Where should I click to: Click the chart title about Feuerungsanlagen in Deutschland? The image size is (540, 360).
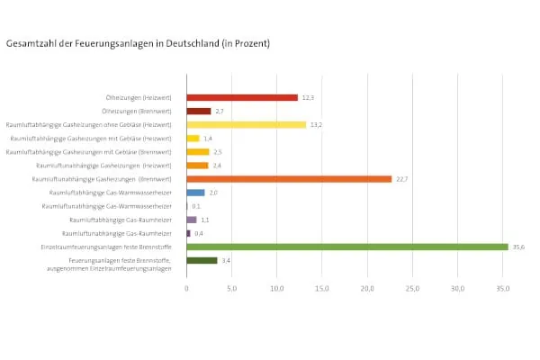point(138,42)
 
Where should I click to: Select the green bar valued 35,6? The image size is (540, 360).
point(347,247)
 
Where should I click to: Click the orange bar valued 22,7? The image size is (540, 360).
point(289,179)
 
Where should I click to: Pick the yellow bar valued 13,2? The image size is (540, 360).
point(247,124)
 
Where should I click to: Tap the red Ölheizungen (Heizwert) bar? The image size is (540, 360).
point(242,97)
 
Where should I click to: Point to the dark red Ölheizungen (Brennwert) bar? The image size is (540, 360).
point(199,111)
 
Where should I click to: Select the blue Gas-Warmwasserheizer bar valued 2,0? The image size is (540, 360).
point(195,193)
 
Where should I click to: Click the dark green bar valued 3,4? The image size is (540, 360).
point(202,260)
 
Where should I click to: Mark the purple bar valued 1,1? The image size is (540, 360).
point(192,220)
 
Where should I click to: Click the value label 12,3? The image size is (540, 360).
point(308,97)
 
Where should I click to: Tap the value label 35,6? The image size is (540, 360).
point(518,247)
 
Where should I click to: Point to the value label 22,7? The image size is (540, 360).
point(401,179)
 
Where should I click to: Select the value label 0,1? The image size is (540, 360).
point(196,206)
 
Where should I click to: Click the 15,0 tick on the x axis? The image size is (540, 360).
point(322,289)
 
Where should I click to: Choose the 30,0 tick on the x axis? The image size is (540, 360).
point(457,289)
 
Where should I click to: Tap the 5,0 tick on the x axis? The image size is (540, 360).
point(231,289)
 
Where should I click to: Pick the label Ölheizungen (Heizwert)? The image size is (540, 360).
point(144,97)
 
